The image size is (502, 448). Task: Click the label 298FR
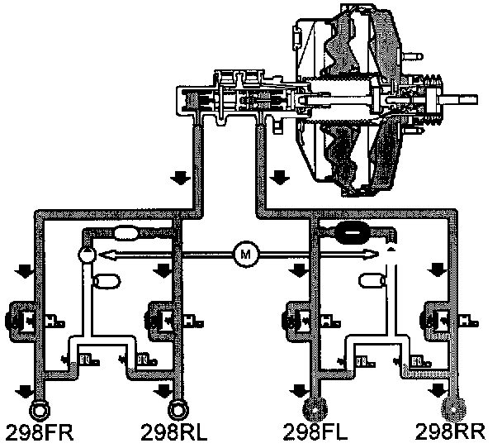pos(36,432)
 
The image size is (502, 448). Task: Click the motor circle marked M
pos(244,255)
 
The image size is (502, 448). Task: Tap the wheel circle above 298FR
pos(38,409)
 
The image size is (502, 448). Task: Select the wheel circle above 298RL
pos(178,409)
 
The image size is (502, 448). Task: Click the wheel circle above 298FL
pos(315,409)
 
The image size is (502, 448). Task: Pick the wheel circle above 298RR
pos(453,409)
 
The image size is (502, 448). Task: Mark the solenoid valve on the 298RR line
pos(436,315)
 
